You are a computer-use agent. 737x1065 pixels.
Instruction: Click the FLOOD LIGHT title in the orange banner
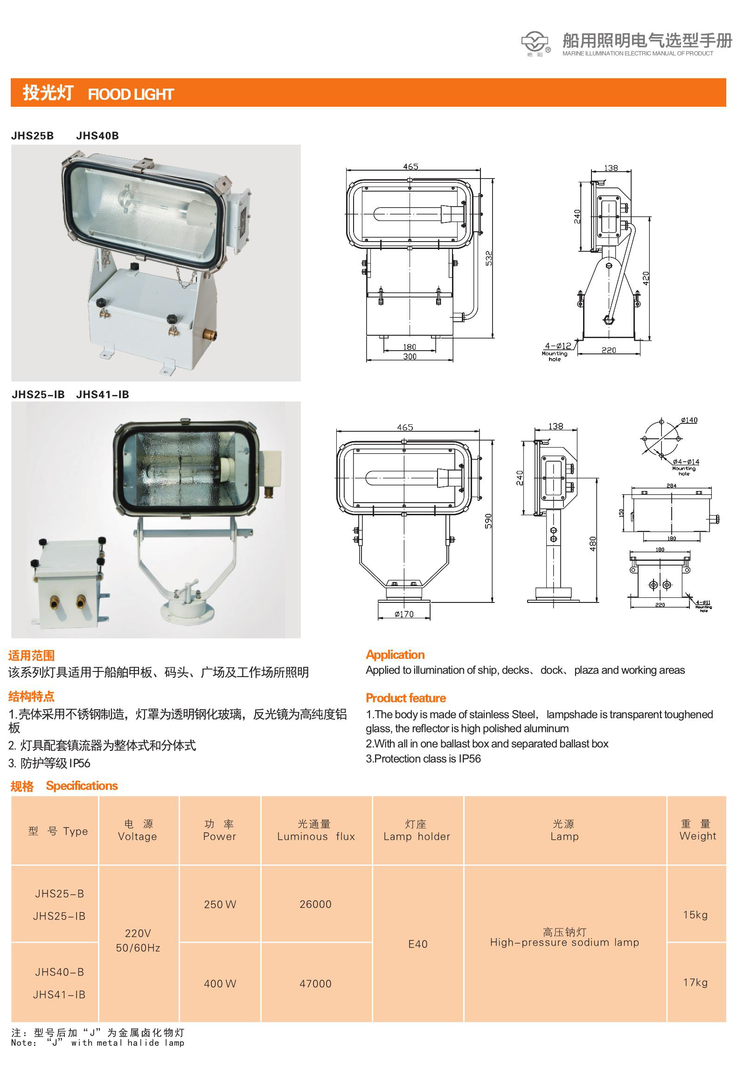click(131, 95)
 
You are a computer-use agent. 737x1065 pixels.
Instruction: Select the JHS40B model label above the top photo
click(97, 136)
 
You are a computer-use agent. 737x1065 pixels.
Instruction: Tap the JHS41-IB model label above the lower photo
click(103, 394)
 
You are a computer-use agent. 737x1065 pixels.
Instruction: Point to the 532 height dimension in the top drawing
click(489, 258)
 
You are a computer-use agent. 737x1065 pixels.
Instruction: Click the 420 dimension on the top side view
click(646, 278)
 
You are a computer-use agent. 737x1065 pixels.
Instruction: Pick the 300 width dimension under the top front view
click(410, 356)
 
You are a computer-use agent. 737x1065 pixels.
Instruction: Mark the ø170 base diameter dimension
click(404, 614)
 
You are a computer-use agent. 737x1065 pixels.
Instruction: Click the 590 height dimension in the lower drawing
click(488, 521)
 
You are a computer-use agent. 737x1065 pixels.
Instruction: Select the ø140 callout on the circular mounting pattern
click(689, 420)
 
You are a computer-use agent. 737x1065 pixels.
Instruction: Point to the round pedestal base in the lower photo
click(187, 611)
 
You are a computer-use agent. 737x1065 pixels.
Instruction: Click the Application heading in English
click(395, 655)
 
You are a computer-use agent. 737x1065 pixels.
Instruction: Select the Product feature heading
click(406, 698)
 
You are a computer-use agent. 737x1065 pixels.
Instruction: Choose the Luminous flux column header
click(316, 830)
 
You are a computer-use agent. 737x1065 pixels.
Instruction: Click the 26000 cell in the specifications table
click(315, 904)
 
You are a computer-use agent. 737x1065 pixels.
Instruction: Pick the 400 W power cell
click(220, 983)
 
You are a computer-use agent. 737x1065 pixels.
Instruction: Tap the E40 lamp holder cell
click(418, 944)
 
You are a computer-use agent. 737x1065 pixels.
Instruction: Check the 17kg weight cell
click(695, 982)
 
